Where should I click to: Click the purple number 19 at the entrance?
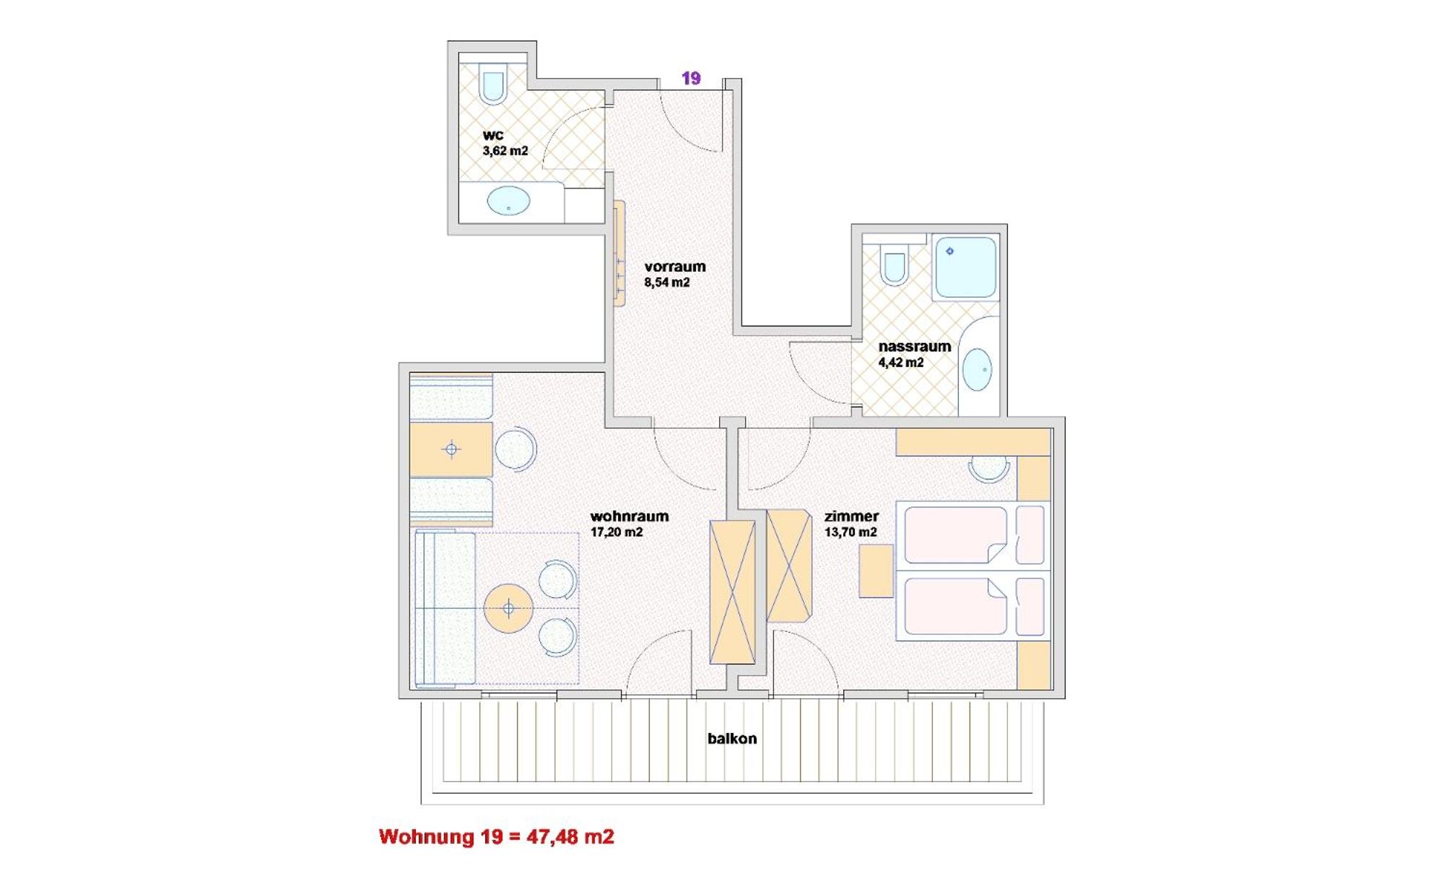point(691,78)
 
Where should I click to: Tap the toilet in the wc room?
point(493,83)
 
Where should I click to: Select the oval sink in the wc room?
point(508,200)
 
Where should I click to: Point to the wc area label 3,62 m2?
point(505,151)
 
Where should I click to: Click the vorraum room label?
point(675,266)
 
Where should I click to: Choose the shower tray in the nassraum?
point(965,267)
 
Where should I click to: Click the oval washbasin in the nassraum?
point(977,369)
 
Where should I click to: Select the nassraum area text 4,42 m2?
point(900,363)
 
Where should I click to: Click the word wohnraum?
point(630,516)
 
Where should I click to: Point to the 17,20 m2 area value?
point(617,532)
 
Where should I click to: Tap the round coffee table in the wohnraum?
point(508,609)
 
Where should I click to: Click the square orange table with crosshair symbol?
point(451,449)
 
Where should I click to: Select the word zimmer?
point(851,516)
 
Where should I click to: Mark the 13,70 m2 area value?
point(851,532)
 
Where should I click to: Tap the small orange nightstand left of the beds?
point(876,571)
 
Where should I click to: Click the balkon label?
point(732,739)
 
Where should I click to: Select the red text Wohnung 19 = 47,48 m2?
point(497,837)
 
